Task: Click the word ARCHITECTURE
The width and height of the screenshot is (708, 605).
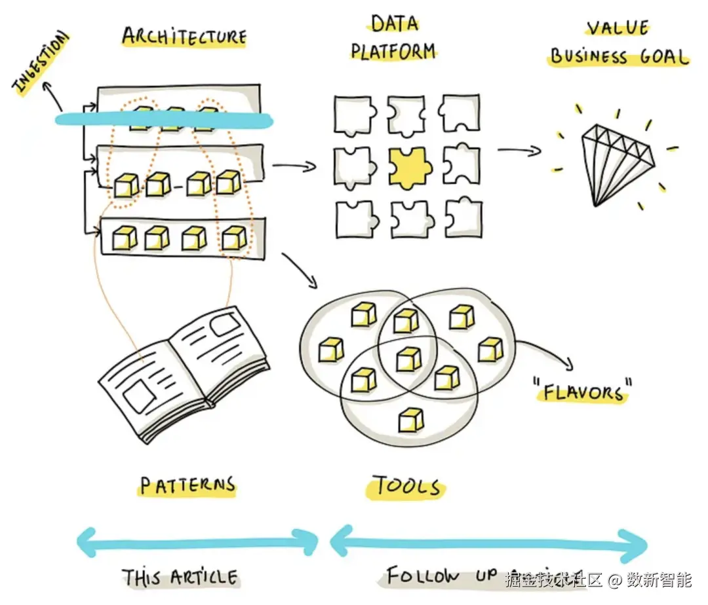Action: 184,37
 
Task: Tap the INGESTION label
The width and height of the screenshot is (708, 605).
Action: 41,64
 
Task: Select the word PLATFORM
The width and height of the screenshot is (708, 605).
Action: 393,51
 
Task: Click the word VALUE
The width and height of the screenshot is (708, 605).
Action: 618,28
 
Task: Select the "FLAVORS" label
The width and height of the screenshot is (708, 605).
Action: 583,392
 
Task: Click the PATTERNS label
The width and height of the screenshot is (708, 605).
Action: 187,486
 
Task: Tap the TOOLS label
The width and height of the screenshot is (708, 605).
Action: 407,486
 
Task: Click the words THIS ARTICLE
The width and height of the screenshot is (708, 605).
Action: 180,577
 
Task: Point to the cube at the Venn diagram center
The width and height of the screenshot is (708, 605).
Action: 408,359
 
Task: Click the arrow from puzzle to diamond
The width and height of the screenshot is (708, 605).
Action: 519,151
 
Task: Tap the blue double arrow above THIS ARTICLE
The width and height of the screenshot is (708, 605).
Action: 197,541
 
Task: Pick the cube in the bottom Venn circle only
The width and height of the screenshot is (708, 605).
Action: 411,419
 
